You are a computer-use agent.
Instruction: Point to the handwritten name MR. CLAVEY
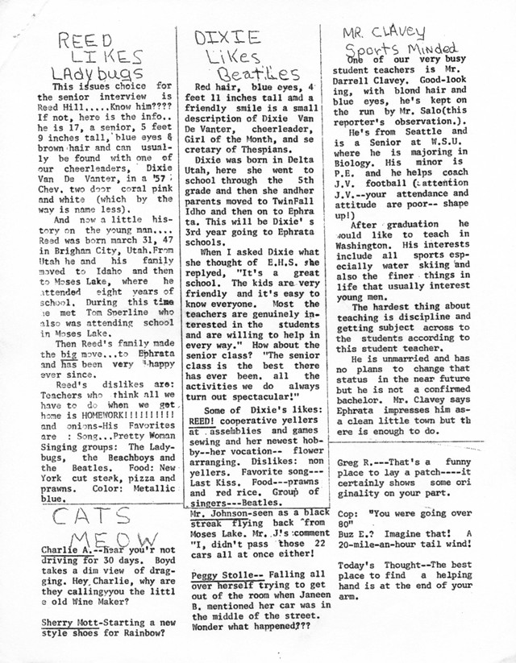tap(384, 31)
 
